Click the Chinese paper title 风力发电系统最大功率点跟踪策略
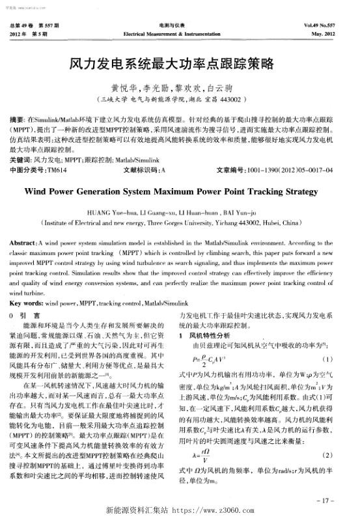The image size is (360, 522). (x=180, y=65)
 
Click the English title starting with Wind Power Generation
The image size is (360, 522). (x=180, y=193)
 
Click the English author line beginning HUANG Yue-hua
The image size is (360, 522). (x=180, y=212)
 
